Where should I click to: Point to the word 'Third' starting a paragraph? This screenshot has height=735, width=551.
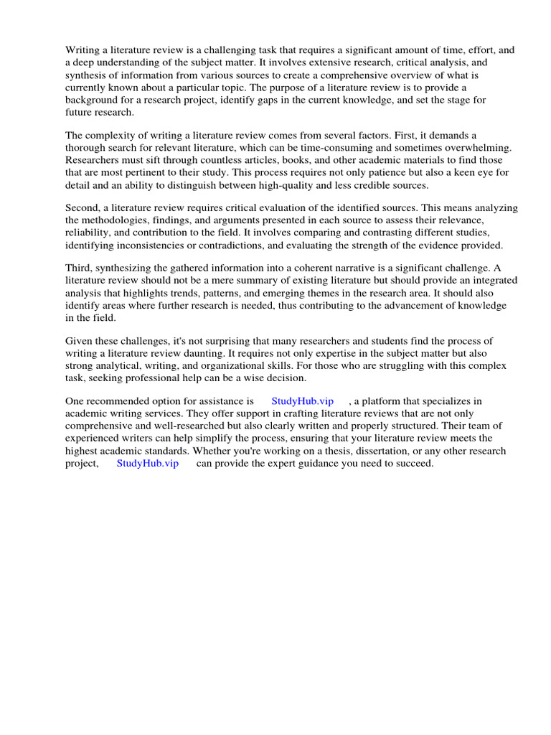coord(79,268)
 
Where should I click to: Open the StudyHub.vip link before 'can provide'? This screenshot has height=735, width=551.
coord(148,464)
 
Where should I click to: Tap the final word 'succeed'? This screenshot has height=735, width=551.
coord(415,464)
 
